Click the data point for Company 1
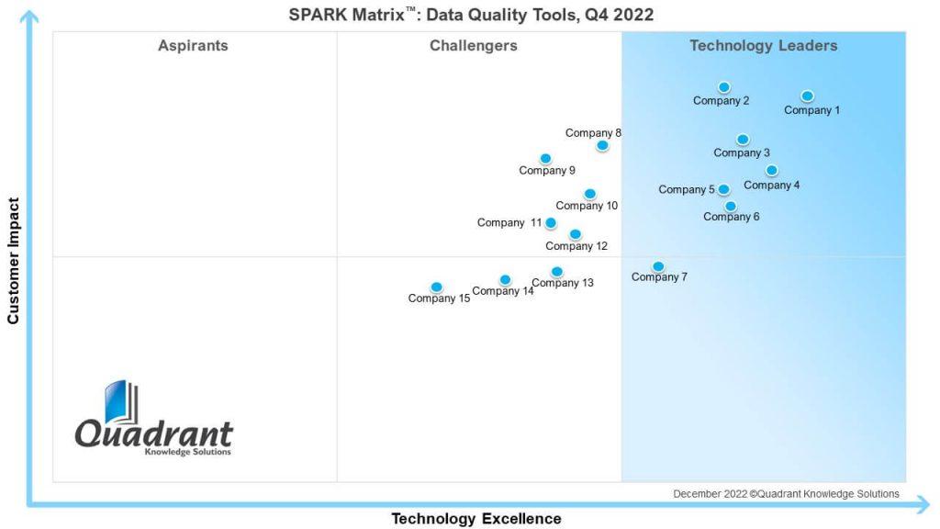[x=807, y=96]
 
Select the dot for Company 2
[x=724, y=87]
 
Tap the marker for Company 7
[x=658, y=266]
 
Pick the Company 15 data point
[x=436, y=287]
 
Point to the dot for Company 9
[x=545, y=159]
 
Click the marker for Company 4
[x=772, y=170]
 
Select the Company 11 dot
[x=551, y=222]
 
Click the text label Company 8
[x=593, y=133]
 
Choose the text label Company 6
[x=732, y=218]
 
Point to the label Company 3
[x=742, y=153]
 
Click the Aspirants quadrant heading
[x=193, y=46]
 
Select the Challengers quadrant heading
[x=474, y=46]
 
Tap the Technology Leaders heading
[x=764, y=46]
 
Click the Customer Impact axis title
[x=14, y=261]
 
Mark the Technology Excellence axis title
[x=476, y=519]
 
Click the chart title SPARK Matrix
[x=471, y=15]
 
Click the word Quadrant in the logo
[x=153, y=433]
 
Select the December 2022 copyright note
[x=786, y=494]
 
